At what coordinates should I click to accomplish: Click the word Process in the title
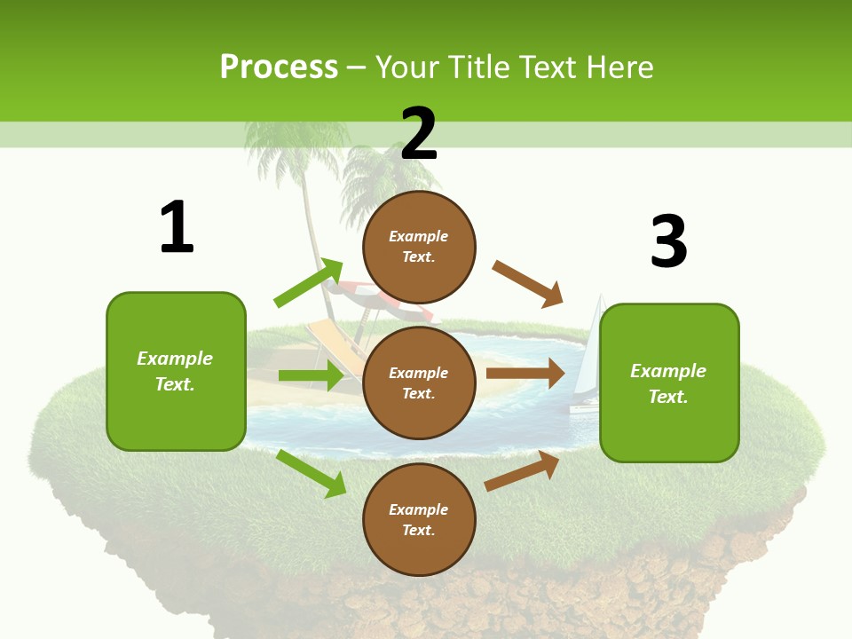279,67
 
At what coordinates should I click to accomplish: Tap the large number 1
177,227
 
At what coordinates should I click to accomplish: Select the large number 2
419,133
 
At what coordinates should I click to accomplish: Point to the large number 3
668,241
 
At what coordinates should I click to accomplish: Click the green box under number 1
176,371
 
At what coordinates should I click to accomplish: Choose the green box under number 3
669,383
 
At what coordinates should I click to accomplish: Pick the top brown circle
419,247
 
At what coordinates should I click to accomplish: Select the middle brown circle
419,383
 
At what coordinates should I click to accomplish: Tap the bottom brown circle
419,519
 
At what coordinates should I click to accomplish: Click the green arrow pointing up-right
309,283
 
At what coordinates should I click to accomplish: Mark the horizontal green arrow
311,375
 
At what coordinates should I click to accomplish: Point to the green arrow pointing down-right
312,473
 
